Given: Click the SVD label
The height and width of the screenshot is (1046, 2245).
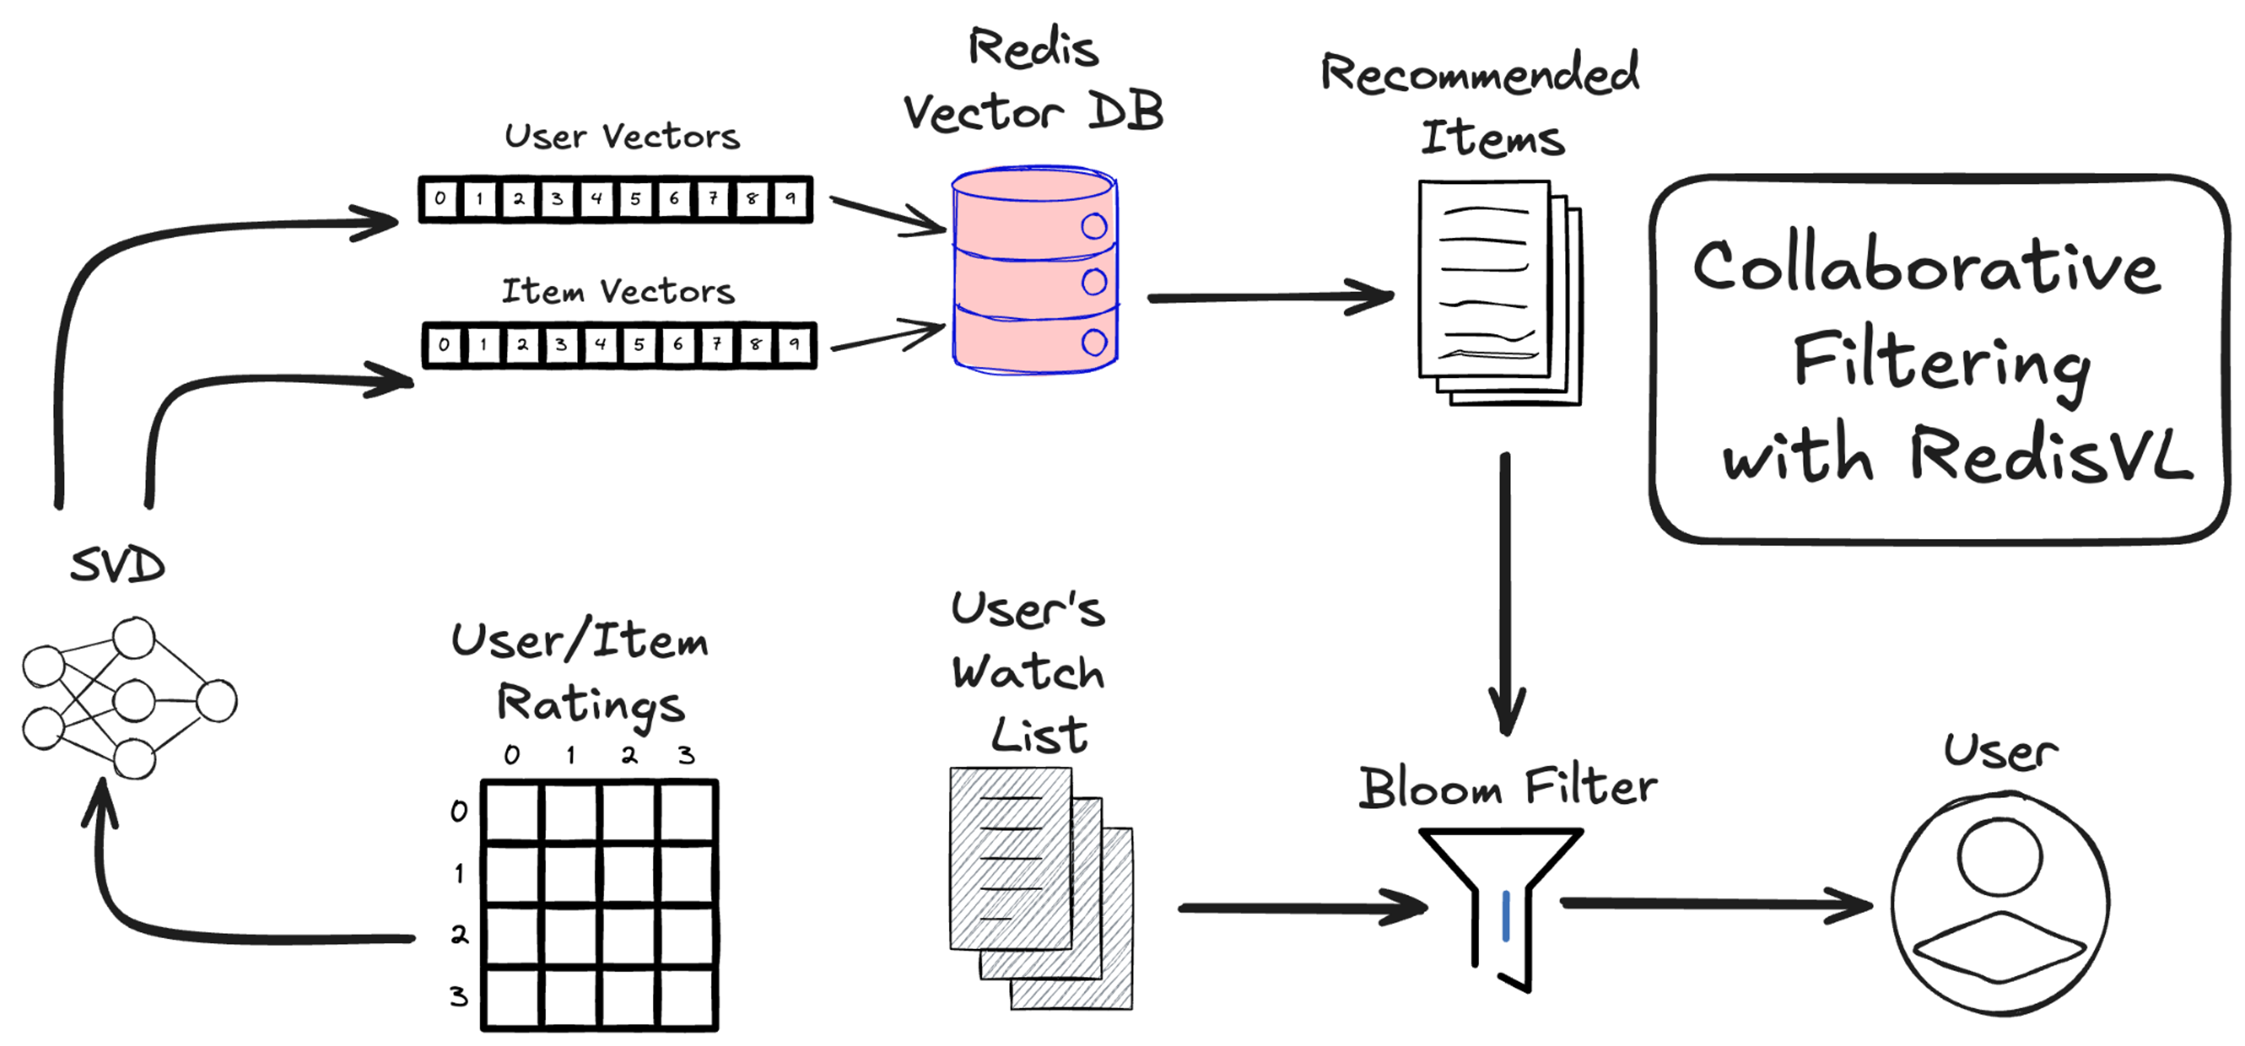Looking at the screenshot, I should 118,566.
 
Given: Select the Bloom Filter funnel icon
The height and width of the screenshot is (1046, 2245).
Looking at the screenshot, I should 1501,897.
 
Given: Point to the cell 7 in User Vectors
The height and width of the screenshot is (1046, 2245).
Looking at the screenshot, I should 713,199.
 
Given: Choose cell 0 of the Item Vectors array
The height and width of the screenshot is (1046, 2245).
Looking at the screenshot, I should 444,345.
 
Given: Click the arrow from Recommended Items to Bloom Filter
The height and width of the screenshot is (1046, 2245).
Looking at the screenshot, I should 1505,592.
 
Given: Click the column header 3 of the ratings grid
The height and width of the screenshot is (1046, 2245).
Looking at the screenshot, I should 687,754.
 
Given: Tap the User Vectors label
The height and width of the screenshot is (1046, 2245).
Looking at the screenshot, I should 622,137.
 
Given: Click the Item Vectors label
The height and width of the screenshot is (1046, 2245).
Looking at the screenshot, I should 618,291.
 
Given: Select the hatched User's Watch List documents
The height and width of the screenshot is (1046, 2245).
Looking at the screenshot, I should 1037,884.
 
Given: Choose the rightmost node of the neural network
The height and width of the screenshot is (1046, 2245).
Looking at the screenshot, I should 216,701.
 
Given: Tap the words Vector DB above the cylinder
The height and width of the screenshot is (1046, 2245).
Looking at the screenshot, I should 1032,112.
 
